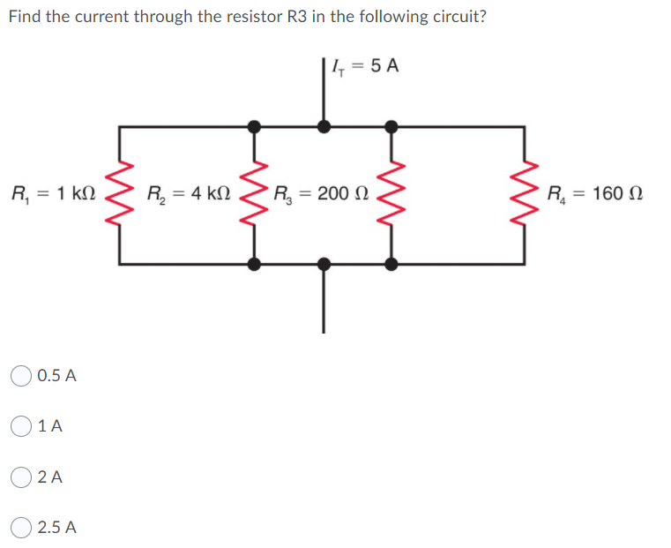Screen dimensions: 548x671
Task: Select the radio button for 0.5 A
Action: click(22, 376)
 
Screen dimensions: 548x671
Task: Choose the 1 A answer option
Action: click(22, 426)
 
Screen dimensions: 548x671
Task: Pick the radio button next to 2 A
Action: click(22, 477)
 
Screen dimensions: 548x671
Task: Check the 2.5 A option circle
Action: click(22, 529)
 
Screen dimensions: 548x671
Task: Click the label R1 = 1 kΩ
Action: click(52, 193)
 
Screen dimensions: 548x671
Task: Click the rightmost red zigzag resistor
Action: click(526, 193)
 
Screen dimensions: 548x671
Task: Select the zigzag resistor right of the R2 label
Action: click(255, 193)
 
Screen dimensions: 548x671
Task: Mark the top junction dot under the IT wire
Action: click(324, 127)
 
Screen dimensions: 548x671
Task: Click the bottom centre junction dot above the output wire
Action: click(324, 263)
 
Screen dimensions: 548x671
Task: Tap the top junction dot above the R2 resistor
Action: click(255, 127)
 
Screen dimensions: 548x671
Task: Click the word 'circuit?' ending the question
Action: click(456, 17)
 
